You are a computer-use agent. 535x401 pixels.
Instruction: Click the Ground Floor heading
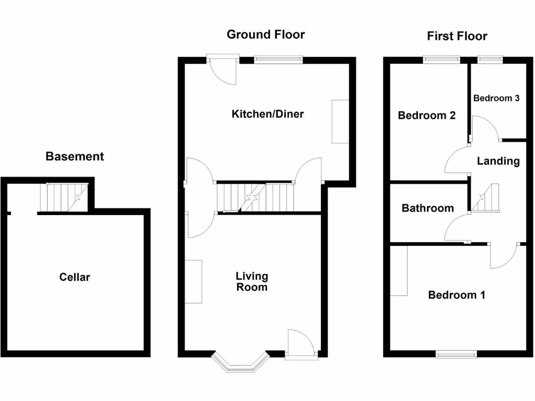(x=265, y=35)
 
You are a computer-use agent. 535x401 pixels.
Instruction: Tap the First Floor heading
(x=457, y=36)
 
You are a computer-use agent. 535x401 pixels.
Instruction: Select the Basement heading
(x=75, y=156)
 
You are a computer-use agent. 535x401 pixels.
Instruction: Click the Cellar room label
(x=74, y=277)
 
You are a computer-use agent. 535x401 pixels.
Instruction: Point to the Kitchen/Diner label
(x=267, y=114)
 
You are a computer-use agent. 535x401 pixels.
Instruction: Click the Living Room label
(x=251, y=281)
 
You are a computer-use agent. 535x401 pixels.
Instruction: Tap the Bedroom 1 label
(x=456, y=295)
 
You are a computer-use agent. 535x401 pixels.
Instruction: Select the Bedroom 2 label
(x=426, y=115)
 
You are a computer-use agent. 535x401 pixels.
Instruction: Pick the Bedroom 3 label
(x=496, y=98)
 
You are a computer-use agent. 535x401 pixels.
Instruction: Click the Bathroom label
(x=427, y=208)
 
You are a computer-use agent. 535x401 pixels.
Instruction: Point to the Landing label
(x=498, y=161)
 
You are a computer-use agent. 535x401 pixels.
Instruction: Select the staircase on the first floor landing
(x=486, y=198)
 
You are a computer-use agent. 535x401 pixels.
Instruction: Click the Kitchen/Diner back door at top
(x=223, y=69)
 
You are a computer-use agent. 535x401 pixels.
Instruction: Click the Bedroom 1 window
(x=456, y=355)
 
